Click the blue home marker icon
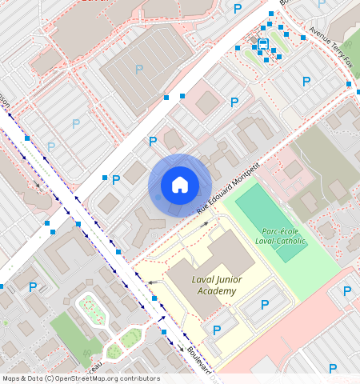click(180, 185)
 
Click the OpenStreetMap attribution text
click(81, 378)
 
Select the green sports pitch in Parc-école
click(271, 222)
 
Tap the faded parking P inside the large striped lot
click(139, 70)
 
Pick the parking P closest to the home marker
click(153, 142)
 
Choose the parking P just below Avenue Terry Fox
click(306, 81)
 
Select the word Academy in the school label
click(215, 291)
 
